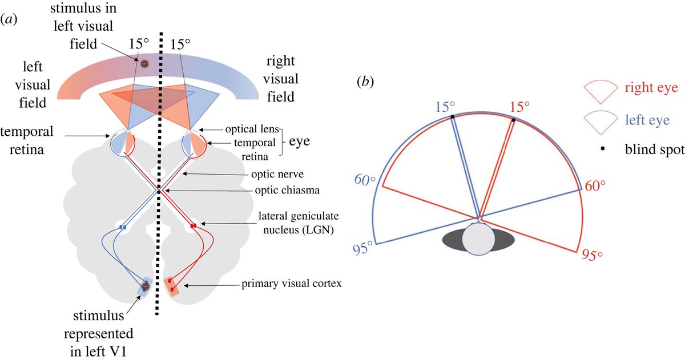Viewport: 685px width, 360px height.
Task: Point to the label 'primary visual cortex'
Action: [291, 284]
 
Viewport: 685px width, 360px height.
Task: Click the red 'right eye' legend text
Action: [651, 88]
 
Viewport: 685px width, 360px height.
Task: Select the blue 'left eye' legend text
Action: [647, 120]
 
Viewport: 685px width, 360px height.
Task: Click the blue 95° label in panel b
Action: [361, 246]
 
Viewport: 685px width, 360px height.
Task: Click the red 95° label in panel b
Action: [593, 254]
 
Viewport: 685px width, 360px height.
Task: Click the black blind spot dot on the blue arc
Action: [452, 116]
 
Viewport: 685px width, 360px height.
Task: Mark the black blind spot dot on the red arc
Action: [513, 120]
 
